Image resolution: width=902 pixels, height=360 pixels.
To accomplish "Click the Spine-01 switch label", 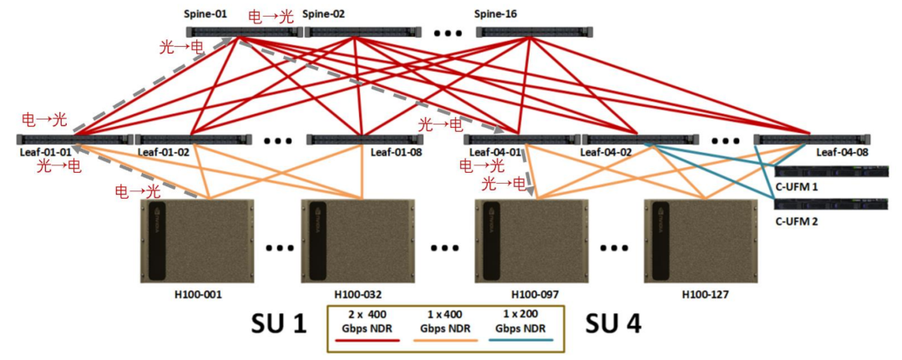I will click(x=206, y=14).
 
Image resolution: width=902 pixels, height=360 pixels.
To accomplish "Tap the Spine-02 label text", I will click(x=323, y=14).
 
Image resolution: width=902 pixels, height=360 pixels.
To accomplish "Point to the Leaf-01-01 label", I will click(x=43, y=153).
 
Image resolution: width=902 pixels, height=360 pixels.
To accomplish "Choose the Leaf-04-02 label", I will click(x=608, y=153).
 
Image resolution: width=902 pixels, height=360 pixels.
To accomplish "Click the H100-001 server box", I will click(x=197, y=241).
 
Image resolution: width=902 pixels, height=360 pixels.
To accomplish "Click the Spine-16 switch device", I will click(x=534, y=32).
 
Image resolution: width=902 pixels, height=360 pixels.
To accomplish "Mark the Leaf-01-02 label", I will click(x=163, y=153).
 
